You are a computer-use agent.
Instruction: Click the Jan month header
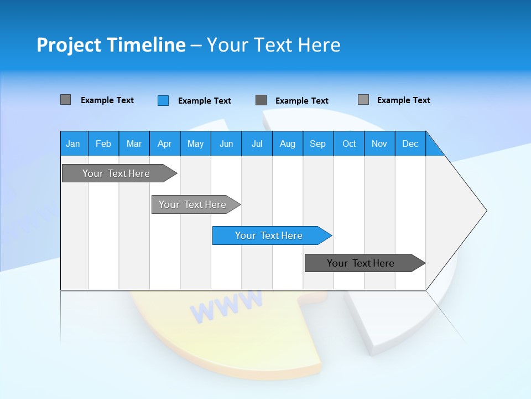click(73, 144)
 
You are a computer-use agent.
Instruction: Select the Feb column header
click(103, 144)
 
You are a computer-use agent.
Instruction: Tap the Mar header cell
click(134, 144)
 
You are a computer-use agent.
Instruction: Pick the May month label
click(195, 144)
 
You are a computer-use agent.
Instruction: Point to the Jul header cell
click(257, 144)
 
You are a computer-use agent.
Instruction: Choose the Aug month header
click(287, 144)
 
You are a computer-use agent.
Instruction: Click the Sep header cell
click(317, 144)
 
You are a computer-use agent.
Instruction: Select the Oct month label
click(349, 144)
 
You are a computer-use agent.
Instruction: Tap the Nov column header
click(379, 144)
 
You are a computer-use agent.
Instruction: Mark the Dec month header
click(410, 144)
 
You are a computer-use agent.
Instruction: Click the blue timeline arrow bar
click(271, 236)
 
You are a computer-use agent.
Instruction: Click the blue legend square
click(163, 100)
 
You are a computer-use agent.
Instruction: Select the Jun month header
click(226, 144)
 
